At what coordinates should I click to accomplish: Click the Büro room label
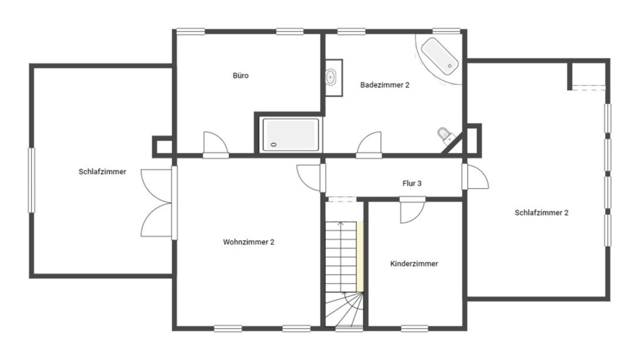click(240, 76)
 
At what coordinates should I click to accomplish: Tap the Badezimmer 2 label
click(385, 85)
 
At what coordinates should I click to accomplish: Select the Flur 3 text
click(411, 183)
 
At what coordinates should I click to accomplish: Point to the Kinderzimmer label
click(414, 264)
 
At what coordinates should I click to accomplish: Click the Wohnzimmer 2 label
click(248, 242)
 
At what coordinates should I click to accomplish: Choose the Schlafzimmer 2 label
click(541, 212)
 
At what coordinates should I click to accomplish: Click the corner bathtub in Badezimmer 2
click(439, 56)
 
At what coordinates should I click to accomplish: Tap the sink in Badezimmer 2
click(331, 77)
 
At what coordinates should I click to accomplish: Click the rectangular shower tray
click(291, 135)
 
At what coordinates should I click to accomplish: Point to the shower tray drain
click(274, 145)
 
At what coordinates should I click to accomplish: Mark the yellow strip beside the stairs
click(360, 257)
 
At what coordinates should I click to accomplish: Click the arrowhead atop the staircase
click(341, 224)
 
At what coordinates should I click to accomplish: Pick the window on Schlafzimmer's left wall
click(31, 180)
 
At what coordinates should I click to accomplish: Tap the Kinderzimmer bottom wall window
click(415, 329)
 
